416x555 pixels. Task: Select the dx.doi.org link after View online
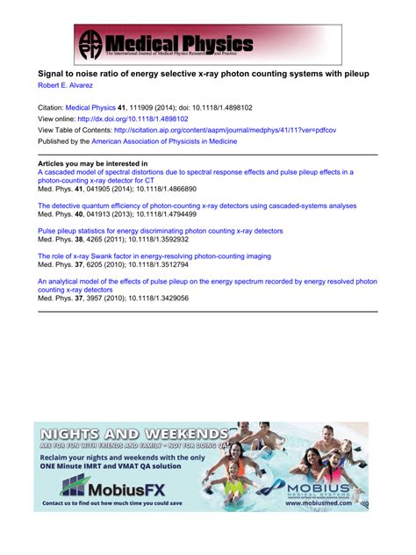coord(139,118)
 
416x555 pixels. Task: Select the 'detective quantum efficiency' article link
coord(197,205)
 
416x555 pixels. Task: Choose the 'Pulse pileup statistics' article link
coord(160,231)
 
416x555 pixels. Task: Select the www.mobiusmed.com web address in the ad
coord(330,504)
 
